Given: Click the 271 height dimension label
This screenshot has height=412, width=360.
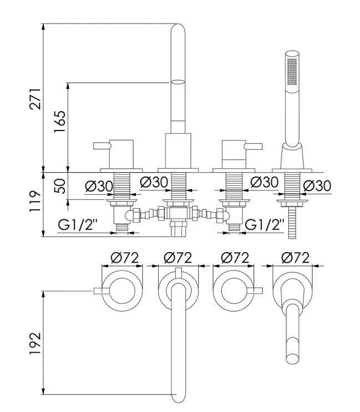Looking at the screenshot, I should [x=34, y=98].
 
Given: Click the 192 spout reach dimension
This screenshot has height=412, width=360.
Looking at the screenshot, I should [x=34, y=343].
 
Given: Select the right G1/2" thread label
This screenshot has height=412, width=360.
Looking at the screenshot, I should [x=265, y=225].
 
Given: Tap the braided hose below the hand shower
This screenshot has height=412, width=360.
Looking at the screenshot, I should [x=292, y=222].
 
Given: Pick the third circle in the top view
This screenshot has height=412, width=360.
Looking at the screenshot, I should [x=233, y=290].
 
